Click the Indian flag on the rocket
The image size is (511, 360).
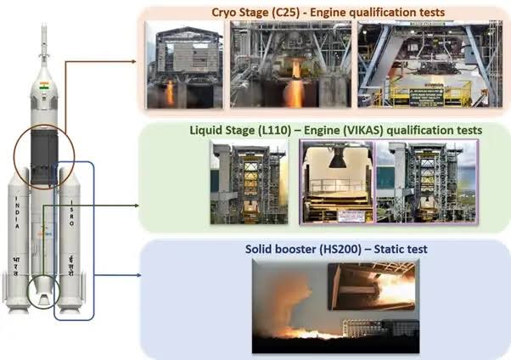click(x=42, y=86)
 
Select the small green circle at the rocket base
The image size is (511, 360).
click(x=42, y=290)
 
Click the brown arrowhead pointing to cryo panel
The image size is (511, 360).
click(x=136, y=62)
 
